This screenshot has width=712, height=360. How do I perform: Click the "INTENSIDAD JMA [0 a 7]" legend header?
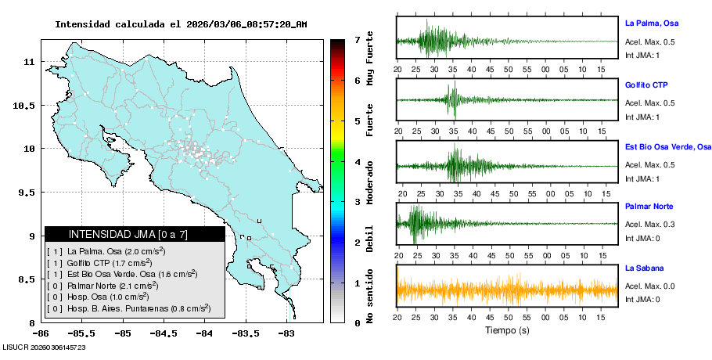(135, 234)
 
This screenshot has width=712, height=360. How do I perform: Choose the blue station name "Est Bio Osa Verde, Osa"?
(667, 146)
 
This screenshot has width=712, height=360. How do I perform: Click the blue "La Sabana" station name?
(645, 268)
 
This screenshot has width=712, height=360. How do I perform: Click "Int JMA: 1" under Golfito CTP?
(642, 117)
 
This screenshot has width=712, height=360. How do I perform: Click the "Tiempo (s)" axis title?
(507, 330)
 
